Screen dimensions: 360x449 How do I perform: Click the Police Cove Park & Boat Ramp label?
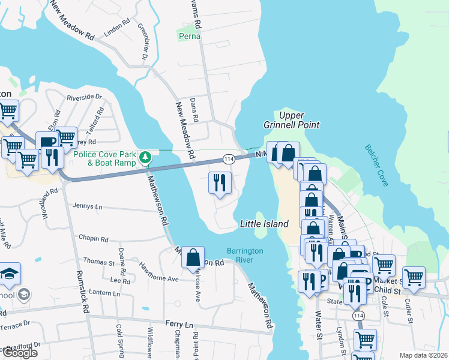pyautogui.click(x=105, y=158)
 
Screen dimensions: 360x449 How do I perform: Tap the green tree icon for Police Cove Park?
pyautogui.click(x=145, y=158)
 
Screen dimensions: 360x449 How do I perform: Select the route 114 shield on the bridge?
pyautogui.click(x=228, y=159)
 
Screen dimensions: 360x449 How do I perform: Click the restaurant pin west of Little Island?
pyautogui.click(x=220, y=182)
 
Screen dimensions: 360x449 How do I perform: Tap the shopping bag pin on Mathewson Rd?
pyautogui.click(x=193, y=257)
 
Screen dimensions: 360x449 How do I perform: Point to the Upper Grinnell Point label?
pyautogui.click(x=291, y=120)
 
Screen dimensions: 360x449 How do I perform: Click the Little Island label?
pyautogui.click(x=264, y=224)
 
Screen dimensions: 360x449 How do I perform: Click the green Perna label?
pyautogui.click(x=190, y=37)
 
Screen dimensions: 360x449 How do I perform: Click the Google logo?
pyautogui.click(x=19, y=353)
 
